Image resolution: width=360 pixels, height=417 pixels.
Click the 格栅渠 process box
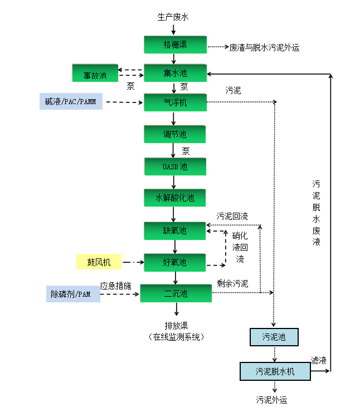coord(175,45)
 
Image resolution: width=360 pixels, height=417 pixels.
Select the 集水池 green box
coord(175,73)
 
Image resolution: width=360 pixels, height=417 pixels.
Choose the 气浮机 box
coord(175,102)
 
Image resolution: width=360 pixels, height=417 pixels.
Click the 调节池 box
coord(175,134)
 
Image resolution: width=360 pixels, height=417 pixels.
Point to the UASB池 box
coord(175,166)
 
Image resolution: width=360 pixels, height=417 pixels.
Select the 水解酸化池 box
coord(175,198)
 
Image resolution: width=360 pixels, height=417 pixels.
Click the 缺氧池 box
coord(175,230)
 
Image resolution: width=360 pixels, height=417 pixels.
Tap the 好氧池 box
coord(175,262)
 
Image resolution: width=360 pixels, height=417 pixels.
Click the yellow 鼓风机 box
coord(99,262)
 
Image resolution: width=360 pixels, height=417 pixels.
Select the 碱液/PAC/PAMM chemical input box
coord(71,102)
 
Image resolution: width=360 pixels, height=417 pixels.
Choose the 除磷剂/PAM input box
coord(72,293)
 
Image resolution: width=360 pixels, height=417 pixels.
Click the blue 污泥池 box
coord(273,337)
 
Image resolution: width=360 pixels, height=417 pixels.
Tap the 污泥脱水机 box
coord(275,371)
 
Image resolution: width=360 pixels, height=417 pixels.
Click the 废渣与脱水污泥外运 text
coord(264,48)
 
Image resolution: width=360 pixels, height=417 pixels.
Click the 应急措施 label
coord(115,285)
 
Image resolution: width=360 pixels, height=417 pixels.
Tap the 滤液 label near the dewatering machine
coord(319,360)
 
